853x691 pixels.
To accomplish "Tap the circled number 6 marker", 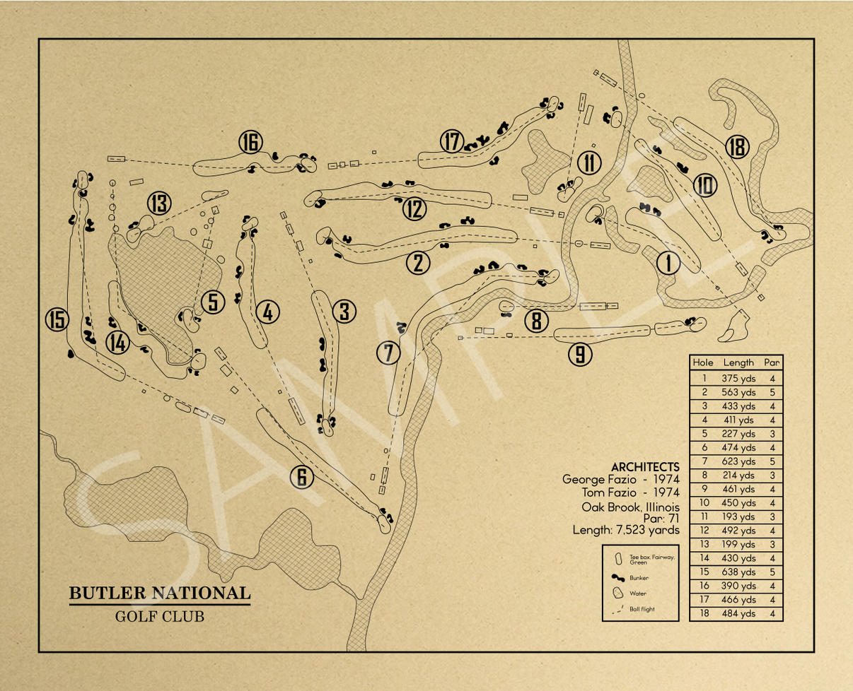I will coord(301,478).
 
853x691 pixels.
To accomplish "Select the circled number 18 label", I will coord(737,148).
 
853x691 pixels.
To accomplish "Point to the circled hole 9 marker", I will coord(580,354).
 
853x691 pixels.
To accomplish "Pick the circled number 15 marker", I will coord(57,320).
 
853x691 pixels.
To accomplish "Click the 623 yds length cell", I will coord(738,461).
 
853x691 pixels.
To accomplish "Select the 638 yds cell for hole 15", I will coord(738,572).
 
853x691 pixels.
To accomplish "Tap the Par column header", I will coord(772,362).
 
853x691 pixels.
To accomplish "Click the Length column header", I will coord(738,362).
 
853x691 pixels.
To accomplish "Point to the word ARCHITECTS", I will coord(645,467).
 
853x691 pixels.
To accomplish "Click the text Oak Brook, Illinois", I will coord(631,507).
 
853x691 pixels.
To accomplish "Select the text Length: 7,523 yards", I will coord(626,530).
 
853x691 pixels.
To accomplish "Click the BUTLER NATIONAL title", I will coord(159,593).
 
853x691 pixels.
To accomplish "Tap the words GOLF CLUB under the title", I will coord(159,616).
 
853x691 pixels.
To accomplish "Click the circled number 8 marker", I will coord(536,321).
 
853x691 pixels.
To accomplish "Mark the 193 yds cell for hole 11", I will coord(738,516).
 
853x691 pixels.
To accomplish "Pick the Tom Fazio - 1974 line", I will coord(631,492).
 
